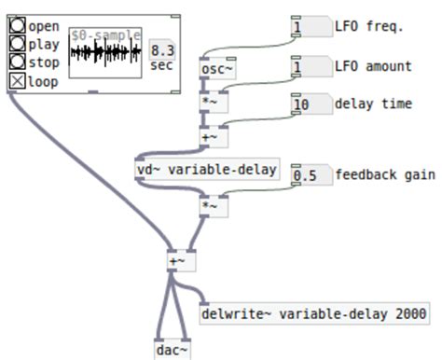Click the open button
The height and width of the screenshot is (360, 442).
click(x=18, y=26)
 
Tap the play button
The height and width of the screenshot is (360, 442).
click(x=18, y=44)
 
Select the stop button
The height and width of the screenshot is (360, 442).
click(x=18, y=62)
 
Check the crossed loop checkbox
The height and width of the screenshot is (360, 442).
click(x=18, y=81)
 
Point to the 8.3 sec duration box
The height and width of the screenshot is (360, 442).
click(x=161, y=56)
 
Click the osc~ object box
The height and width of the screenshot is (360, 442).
click(x=216, y=69)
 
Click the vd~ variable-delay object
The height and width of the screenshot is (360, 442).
click(x=206, y=170)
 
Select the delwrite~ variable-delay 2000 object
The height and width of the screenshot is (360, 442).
click(x=314, y=313)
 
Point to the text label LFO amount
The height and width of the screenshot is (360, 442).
click(x=373, y=67)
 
